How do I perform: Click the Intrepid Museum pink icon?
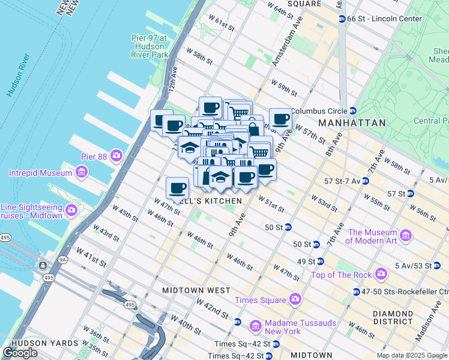[x=82, y=173]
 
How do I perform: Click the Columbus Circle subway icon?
[x=354, y=110]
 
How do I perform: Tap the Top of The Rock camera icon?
[x=380, y=275]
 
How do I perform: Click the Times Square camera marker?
[x=295, y=299]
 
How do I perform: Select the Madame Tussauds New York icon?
[x=256, y=326]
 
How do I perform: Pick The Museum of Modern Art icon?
[x=406, y=235]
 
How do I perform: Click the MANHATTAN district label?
[x=352, y=122]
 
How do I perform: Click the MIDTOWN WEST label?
[x=196, y=290]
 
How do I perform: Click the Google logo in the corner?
[x=20, y=353]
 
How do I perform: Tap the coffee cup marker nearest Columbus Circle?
[x=280, y=118]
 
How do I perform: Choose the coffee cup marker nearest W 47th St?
[x=176, y=187]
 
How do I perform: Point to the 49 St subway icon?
[x=320, y=261]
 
